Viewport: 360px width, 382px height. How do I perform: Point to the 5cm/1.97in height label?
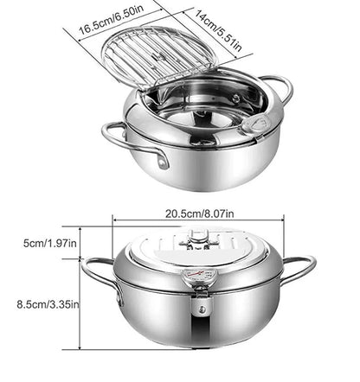click(x=38, y=244)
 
